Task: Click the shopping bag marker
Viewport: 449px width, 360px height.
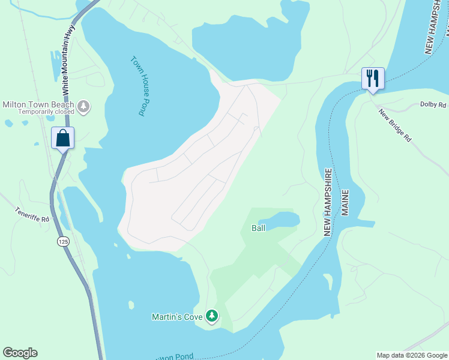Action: tap(63, 138)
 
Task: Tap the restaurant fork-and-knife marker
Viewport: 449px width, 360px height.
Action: tap(372, 78)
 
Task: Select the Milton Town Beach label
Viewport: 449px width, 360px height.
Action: tap(38, 104)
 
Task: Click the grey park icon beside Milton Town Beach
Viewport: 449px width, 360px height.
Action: tap(83, 107)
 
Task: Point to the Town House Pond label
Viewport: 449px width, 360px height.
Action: tap(138, 86)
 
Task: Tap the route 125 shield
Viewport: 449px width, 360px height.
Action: tap(63, 241)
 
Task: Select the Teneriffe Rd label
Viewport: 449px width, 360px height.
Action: tap(32, 215)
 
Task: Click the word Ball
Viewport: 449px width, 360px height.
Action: tap(258, 228)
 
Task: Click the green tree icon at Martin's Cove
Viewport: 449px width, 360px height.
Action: tap(211, 316)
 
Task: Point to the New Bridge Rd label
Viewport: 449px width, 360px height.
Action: tap(395, 125)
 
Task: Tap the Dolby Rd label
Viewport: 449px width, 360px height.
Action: tap(433, 105)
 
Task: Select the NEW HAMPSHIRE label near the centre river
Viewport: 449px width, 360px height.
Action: tap(328, 193)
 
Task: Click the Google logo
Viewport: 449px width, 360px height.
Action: tap(20, 353)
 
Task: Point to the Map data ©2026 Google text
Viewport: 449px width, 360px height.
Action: tap(412, 355)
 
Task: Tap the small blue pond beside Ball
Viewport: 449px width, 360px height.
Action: tap(282, 220)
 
